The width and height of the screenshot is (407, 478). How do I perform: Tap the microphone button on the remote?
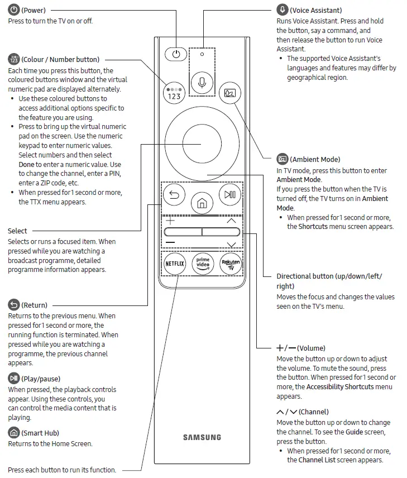pos(202,83)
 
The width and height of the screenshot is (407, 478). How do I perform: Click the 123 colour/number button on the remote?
pos(174,93)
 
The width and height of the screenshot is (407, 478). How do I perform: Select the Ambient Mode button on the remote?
pos(229,93)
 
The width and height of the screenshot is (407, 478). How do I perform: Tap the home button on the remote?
pos(202,204)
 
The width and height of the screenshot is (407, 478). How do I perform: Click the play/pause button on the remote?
pos(229,195)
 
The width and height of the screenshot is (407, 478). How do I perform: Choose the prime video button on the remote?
pos(202,263)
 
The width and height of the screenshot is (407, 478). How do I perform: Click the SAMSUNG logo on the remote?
pos(202,437)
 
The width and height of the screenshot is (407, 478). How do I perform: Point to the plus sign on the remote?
pos(170,221)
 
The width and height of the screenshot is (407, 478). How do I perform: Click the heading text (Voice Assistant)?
pos(316,10)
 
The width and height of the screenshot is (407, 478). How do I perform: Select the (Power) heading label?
pos(33,10)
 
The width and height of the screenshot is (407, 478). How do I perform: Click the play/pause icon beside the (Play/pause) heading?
pos(13,379)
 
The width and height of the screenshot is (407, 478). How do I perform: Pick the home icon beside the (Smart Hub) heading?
pos(13,433)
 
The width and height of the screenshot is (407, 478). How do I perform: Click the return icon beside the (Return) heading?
pos(13,305)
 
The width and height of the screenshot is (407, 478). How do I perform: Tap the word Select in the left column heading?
pos(17,231)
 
